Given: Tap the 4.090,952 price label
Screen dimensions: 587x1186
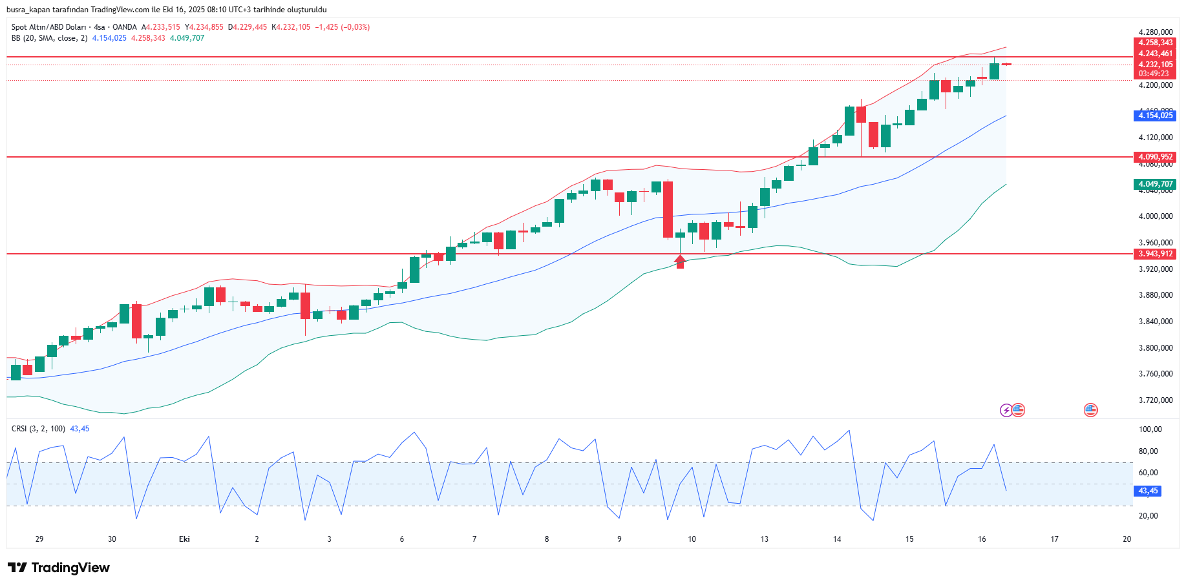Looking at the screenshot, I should (1155, 157).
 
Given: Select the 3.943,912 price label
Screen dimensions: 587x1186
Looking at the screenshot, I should (1155, 254).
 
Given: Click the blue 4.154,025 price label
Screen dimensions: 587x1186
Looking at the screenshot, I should (1155, 116).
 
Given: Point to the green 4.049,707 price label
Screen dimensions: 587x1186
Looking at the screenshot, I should (1155, 184).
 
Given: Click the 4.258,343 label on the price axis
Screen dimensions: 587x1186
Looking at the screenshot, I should (1155, 43).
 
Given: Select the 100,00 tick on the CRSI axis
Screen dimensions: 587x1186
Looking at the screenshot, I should (1150, 429).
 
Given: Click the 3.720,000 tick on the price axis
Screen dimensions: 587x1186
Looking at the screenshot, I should (1155, 400).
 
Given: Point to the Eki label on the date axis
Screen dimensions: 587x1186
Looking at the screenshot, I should (184, 539).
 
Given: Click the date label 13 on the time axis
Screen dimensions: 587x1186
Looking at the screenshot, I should (765, 539).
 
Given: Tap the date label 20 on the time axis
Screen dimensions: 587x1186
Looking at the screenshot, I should (1127, 539).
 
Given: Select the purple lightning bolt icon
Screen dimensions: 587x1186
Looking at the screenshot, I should (1006, 410).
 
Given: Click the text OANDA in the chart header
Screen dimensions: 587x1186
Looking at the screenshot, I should (125, 27).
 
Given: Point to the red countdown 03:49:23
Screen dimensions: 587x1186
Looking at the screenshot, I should (1154, 74).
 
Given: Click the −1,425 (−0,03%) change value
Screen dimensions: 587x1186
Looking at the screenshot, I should (342, 27).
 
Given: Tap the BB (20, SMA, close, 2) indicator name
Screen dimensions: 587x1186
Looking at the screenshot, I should (49, 38).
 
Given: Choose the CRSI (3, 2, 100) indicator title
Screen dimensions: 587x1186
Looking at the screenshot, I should (38, 429).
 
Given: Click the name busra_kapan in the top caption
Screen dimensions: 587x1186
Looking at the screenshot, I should (26, 10).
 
